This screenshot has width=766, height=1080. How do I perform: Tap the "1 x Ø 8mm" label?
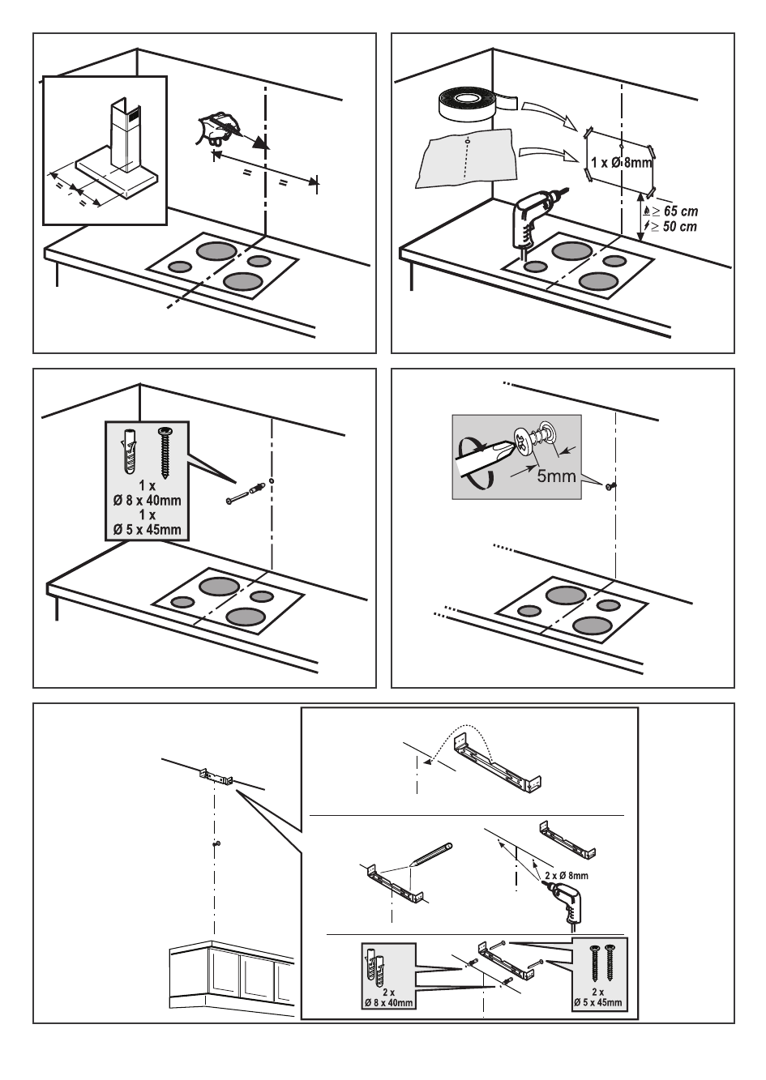click(x=621, y=163)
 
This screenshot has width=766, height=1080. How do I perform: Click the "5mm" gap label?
click(x=556, y=476)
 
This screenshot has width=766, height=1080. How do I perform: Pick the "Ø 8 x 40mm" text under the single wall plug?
click(x=147, y=500)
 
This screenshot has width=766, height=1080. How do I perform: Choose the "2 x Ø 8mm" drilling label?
click(x=566, y=876)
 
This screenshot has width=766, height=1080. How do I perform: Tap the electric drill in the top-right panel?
click(x=532, y=215)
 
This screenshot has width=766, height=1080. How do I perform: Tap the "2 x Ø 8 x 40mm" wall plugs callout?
click(x=387, y=976)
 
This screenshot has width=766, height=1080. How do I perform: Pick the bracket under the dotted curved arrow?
click(x=496, y=762)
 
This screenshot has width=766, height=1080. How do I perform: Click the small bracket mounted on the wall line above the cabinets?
click(x=216, y=777)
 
